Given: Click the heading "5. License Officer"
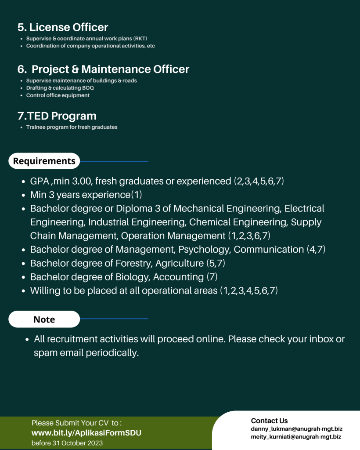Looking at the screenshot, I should [x=63, y=27].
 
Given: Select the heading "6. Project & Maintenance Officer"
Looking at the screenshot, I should [x=104, y=69].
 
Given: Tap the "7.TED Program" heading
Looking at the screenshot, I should [x=57, y=116].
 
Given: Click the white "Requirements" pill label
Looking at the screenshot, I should [x=44, y=161].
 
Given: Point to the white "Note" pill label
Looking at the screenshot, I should [x=44, y=319].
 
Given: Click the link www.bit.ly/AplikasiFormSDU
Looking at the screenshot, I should [x=86, y=433].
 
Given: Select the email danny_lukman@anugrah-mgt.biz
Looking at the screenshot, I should [x=297, y=428].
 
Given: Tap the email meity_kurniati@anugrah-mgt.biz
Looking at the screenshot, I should [x=296, y=437].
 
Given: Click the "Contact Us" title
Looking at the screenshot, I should [x=270, y=421].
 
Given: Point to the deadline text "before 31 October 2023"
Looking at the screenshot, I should [x=67, y=443].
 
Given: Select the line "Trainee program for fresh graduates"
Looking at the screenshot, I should [x=72, y=127].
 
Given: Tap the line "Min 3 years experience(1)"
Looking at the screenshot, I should [x=86, y=194].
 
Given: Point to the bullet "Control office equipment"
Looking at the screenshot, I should [x=58, y=95].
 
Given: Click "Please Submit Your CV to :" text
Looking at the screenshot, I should [x=77, y=423].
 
